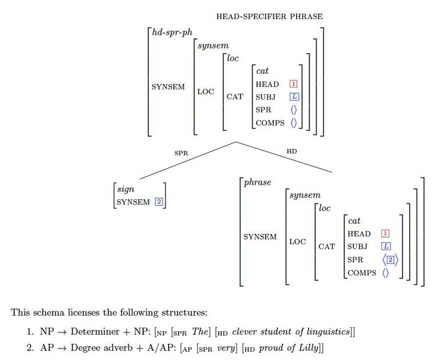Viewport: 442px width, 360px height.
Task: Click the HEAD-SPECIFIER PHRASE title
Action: [269, 16]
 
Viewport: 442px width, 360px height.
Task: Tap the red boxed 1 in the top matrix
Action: [293, 84]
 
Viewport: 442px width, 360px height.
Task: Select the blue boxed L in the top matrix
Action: [293, 97]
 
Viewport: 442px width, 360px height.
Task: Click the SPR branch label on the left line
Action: [181, 153]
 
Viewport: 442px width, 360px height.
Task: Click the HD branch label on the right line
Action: [291, 152]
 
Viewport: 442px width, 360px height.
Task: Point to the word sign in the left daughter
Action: [125, 190]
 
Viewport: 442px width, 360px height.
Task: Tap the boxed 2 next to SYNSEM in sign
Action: [159, 202]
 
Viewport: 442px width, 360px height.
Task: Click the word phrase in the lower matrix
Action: [257, 182]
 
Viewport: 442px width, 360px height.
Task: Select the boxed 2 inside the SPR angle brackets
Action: [390, 260]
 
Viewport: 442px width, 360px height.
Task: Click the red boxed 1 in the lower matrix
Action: [386, 234]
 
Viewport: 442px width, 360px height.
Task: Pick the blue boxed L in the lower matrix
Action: [386, 247]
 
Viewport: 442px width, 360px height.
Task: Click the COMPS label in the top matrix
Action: [270, 122]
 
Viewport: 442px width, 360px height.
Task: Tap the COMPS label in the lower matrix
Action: [362, 273]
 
